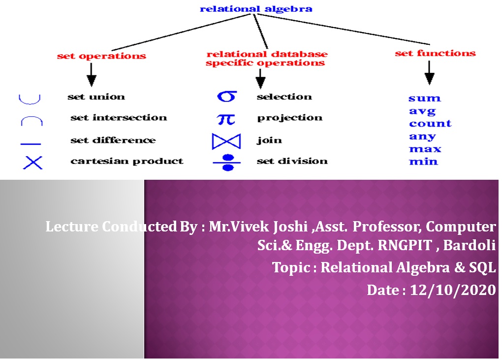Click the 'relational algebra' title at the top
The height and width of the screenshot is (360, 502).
click(256, 9)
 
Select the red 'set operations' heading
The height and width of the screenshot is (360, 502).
click(101, 56)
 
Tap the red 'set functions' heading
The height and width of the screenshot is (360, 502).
click(436, 53)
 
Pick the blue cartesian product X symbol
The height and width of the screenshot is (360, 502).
click(32, 163)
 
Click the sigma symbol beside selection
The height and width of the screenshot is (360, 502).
click(227, 96)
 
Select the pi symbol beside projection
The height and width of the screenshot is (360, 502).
click(226, 119)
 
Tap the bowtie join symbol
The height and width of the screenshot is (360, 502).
click(226, 141)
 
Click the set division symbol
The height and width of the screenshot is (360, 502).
click(227, 163)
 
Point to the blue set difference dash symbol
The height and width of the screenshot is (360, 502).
click(31, 144)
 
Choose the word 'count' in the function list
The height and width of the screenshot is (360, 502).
click(430, 124)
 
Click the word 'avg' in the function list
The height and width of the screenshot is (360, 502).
click(422, 111)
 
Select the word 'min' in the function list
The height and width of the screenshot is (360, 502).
click(423, 162)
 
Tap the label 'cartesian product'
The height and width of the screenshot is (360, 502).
click(127, 161)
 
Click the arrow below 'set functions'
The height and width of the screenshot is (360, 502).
click(429, 73)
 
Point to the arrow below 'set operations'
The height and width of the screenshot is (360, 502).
click(92, 75)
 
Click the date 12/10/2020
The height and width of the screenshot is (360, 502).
click(453, 290)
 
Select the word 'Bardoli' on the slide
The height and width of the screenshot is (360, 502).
click(470, 245)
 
